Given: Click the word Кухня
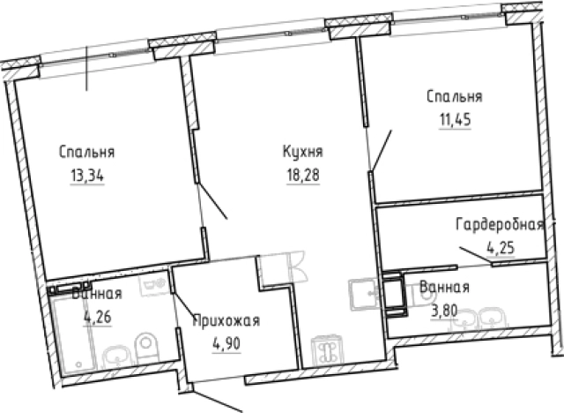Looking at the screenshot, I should (x=301, y=152).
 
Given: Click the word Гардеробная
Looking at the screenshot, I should (x=499, y=224).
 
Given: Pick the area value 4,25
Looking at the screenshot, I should (x=501, y=246).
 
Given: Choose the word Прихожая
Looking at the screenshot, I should (x=226, y=321).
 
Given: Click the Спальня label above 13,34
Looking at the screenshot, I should (x=87, y=151).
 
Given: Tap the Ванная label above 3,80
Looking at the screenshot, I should (x=444, y=287).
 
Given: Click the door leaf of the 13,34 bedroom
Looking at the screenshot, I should (x=214, y=200).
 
